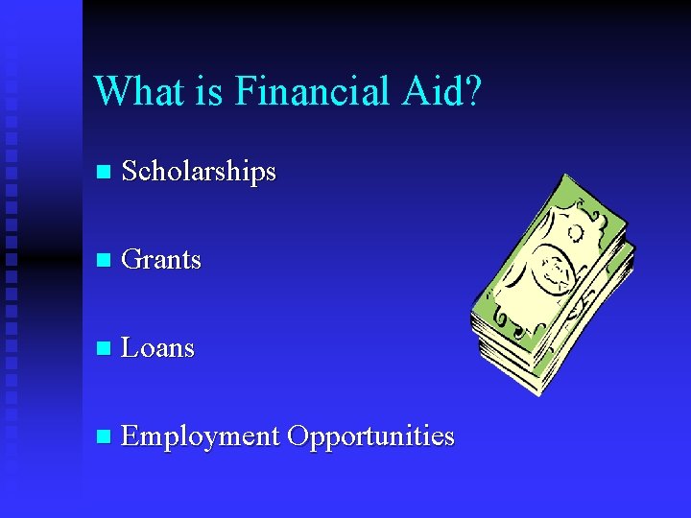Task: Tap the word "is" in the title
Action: click(x=211, y=92)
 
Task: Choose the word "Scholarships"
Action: click(x=199, y=173)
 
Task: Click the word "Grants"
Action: click(x=161, y=260)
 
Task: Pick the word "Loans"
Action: click(x=158, y=348)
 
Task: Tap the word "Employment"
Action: click(x=200, y=436)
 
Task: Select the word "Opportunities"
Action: click(x=370, y=437)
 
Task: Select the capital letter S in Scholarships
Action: click(x=131, y=173)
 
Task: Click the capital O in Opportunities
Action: click(x=298, y=436)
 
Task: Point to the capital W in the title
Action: click(x=111, y=92)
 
